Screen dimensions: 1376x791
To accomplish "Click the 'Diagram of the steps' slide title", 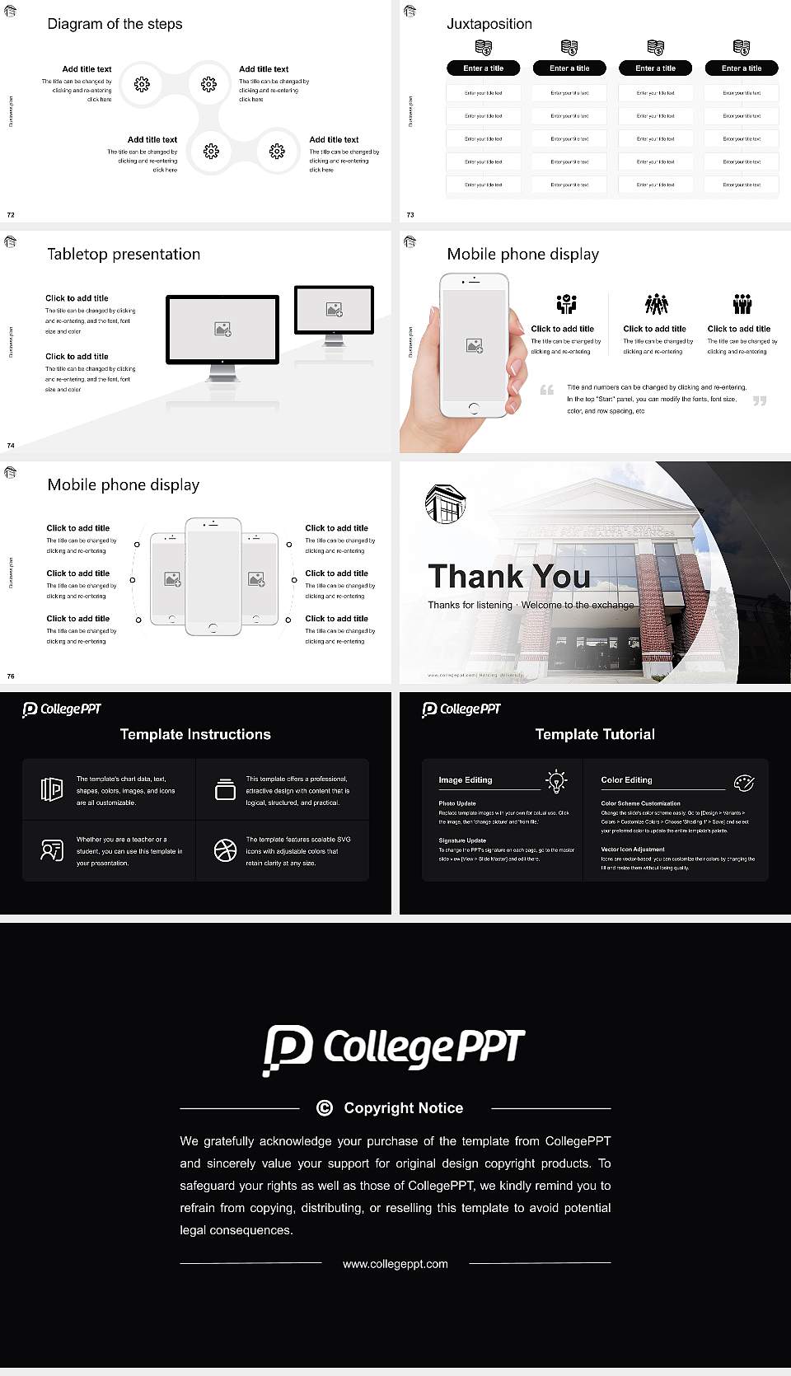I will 115,24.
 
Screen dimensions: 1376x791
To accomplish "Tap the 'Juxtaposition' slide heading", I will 489,24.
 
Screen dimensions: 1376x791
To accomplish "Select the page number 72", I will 11,214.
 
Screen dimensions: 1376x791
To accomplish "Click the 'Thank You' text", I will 508,576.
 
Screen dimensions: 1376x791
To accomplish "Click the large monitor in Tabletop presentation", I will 222,330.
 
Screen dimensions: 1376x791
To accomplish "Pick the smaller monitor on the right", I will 334,310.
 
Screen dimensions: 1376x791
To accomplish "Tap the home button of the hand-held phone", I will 473,408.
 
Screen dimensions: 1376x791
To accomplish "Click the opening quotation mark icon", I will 546,390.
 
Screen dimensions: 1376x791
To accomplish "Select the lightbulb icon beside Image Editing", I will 556,781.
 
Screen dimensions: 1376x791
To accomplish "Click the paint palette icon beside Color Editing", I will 743,782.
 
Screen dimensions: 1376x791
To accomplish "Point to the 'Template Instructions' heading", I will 195,734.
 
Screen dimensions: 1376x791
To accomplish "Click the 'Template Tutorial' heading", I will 595,734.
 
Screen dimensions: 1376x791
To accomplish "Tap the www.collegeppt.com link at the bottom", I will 395,1264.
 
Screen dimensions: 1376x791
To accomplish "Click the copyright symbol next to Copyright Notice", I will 325,1108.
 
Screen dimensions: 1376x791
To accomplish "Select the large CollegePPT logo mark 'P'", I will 288,1049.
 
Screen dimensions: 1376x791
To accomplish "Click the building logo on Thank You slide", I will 445,503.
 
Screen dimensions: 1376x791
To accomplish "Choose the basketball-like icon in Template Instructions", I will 225,850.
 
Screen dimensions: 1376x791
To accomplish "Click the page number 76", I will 11,676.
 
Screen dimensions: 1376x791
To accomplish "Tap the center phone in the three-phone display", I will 213,576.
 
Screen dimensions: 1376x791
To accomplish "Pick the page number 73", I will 410,214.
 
